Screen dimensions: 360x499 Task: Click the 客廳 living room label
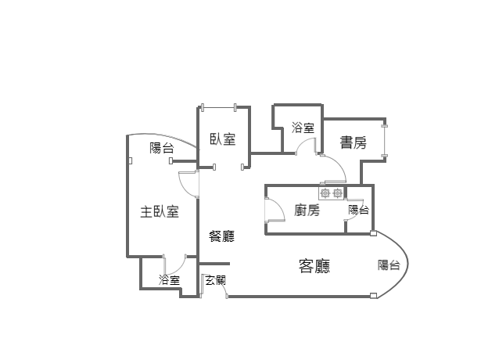pyautogui.click(x=314, y=267)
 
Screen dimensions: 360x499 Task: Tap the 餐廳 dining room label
pyautogui.click(x=221, y=236)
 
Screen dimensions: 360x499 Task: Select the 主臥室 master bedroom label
pyautogui.click(x=160, y=211)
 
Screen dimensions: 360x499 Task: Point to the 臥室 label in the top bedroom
pyautogui.click(x=223, y=139)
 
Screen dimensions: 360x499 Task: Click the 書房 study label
pyautogui.click(x=353, y=142)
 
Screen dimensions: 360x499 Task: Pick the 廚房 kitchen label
pyautogui.click(x=307, y=210)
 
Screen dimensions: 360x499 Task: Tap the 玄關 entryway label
pyautogui.click(x=215, y=279)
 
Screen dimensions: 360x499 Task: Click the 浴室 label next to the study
pyautogui.click(x=303, y=128)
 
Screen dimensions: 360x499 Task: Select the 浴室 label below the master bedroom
pyautogui.click(x=169, y=280)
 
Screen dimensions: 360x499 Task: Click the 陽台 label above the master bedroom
pyautogui.click(x=162, y=148)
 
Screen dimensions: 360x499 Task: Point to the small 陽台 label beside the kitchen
pyautogui.click(x=358, y=210)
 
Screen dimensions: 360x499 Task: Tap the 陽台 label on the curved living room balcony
pyautogui.click(x=389, y=265)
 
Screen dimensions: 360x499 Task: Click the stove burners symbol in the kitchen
pyautogui.click(x=330, y=192)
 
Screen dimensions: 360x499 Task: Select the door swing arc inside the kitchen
pyautogui.click(x=275, y=211)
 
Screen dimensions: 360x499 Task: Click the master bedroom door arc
pyautogui.click(x=188, y=182)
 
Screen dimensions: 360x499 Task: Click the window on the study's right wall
pyautogui.click(x=384, y=141)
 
